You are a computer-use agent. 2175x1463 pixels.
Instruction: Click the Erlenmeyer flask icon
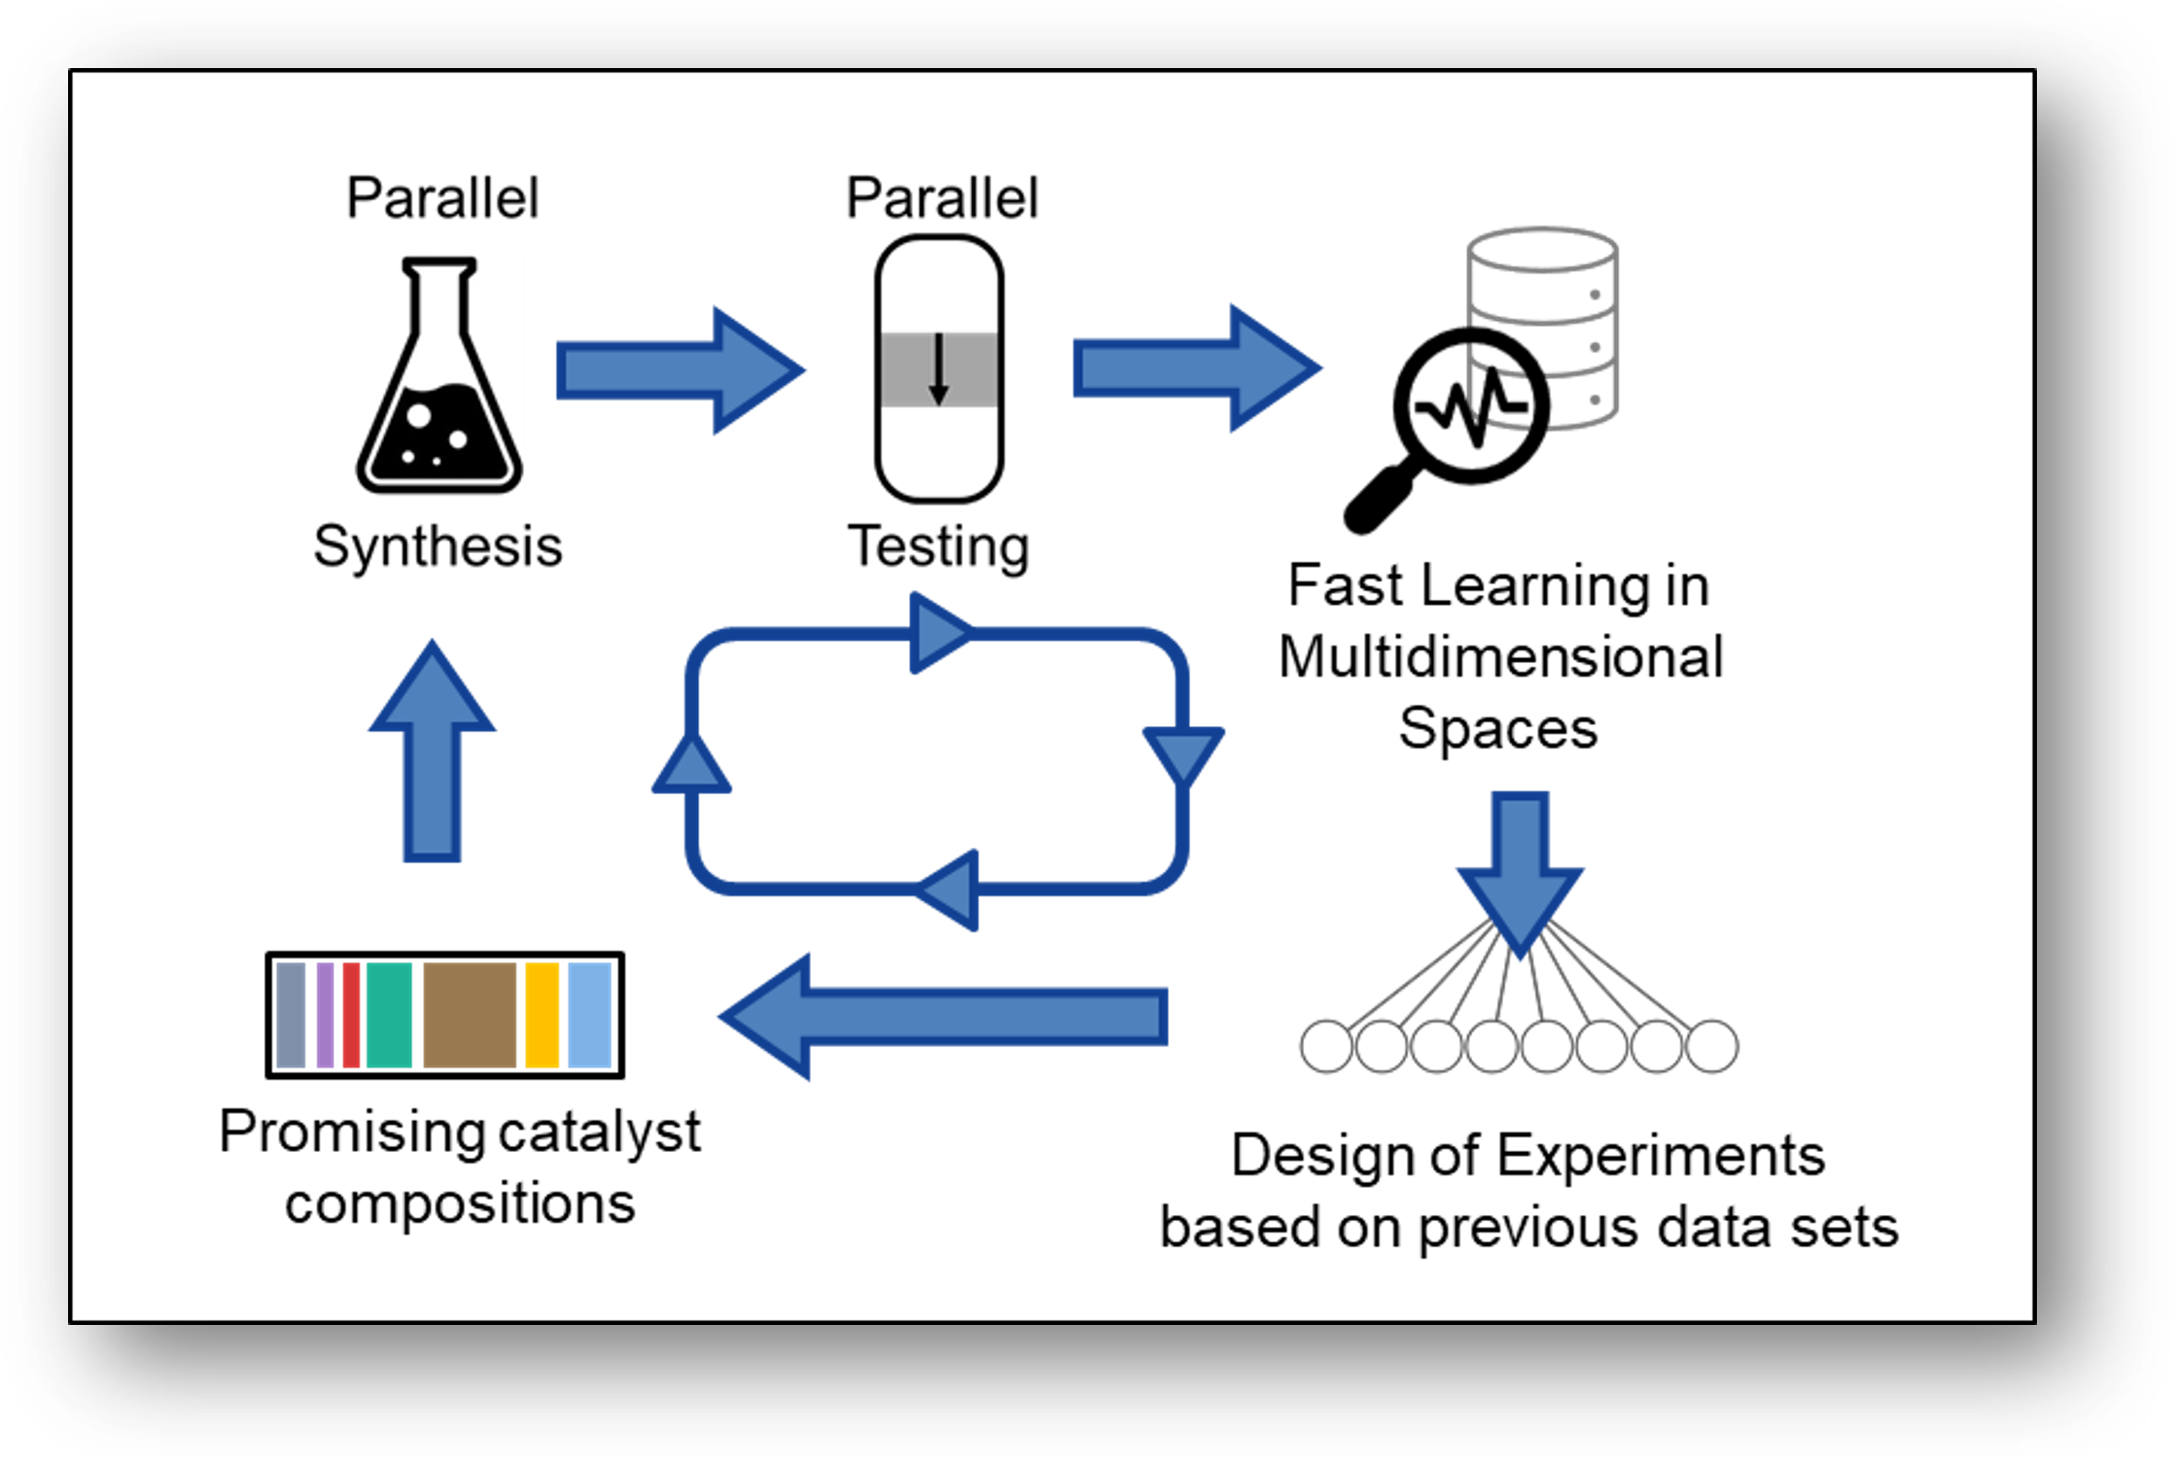tap(439, 389)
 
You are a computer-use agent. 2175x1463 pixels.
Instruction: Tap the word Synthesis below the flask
tap(438, 546)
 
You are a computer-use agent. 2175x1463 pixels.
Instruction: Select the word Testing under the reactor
tap(938, 546)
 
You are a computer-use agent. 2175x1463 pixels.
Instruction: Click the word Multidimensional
tap(1500, 656)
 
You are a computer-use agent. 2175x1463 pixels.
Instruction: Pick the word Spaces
tap(1498, 728)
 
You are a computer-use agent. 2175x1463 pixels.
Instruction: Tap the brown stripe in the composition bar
tap(470, 1015)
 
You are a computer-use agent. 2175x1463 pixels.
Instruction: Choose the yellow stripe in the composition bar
tap(543, 1015)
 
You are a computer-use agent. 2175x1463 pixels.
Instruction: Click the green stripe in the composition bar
tap(389, 1015)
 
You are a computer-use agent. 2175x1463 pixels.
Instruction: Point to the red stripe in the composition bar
tap(351, 1015)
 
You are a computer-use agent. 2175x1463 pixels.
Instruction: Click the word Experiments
tap(1661, 1157)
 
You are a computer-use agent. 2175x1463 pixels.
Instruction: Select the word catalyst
tap(600, 1132)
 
